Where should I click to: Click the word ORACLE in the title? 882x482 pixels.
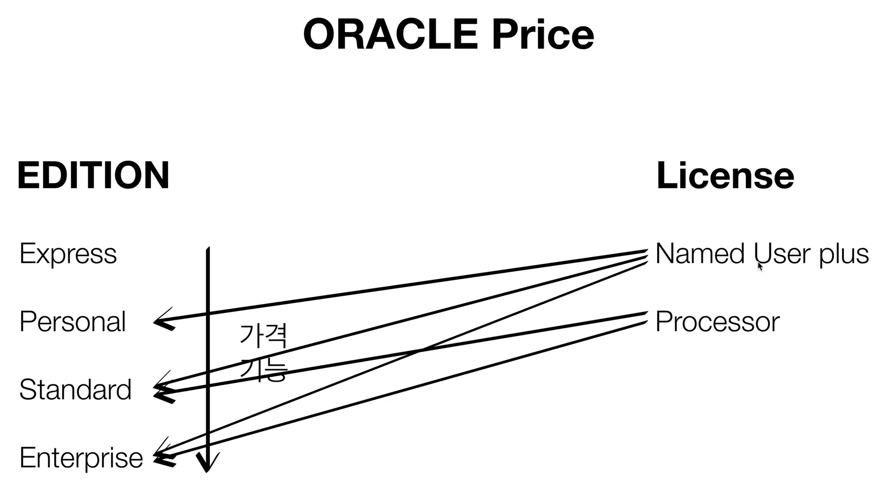click(390, 34)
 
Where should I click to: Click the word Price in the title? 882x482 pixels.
click(543, 34)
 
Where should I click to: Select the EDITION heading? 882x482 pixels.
click(93, 175)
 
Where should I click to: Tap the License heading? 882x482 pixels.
click(725, 175)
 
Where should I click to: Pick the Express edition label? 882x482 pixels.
click(68, 254)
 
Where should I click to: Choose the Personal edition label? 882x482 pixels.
click(73, 322)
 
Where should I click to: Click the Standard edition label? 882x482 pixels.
click(75, 389)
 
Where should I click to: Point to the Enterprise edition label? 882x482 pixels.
click(81, 458)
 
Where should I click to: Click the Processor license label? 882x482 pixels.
click(717, 322)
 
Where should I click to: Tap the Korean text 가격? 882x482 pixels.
click(263, 336)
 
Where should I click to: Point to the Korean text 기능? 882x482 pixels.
click(263, 370)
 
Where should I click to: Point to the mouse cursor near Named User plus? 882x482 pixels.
click(760, 266)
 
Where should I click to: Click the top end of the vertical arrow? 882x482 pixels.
click(208, 249)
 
